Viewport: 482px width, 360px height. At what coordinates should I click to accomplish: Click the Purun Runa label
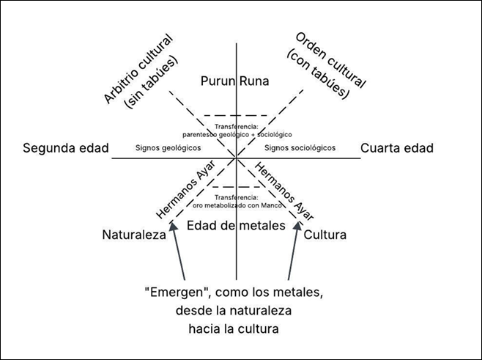coord(235,81)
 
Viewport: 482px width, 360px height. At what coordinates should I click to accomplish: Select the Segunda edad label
coord(65,148)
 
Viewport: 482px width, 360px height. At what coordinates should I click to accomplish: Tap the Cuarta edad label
coord(397,148)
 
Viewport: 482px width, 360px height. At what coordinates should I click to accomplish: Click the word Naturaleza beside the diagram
coord(135,235)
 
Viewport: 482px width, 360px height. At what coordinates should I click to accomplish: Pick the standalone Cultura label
coord(325,235)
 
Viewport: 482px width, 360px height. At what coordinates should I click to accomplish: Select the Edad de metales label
coord(235,226)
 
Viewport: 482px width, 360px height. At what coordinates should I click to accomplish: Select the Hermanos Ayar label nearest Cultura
coord(282,189)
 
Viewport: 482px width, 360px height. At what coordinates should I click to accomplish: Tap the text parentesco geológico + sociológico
coord(237,135)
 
